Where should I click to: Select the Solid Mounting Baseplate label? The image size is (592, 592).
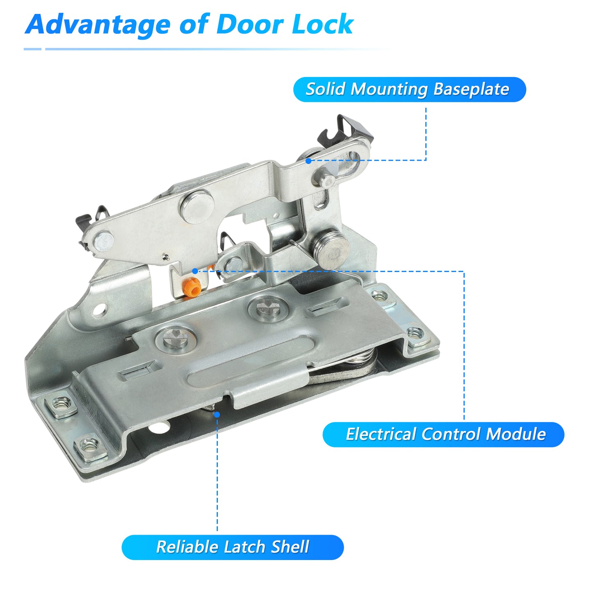point(410,89)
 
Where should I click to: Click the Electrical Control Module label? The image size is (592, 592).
point(443,434)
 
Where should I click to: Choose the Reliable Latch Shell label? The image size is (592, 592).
point(233,547)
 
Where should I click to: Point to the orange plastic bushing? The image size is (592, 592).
point(193,287)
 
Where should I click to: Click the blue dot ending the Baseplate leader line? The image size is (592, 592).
point(308,161)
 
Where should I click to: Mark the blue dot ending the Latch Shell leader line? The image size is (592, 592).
point(217,415)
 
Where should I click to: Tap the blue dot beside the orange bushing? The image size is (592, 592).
point(195,271)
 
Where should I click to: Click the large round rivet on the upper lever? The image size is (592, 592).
point(197,207)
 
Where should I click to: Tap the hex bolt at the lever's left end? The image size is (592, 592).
point(104,241)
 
